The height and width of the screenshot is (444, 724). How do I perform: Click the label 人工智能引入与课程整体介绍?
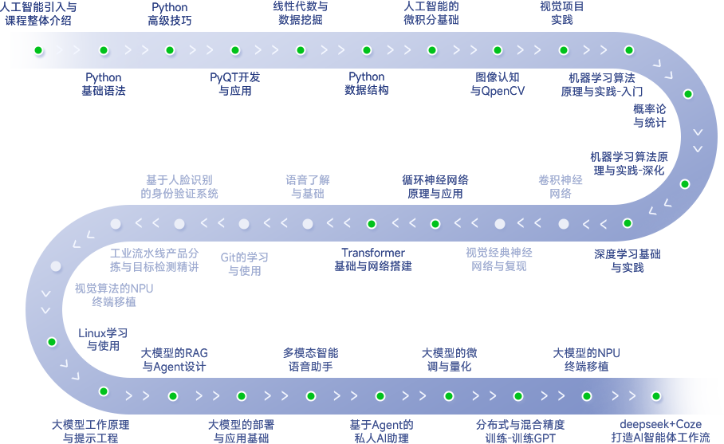pos(38,14)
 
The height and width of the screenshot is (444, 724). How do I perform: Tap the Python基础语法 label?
pos(104,84)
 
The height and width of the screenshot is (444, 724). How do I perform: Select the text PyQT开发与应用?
pos(235,84)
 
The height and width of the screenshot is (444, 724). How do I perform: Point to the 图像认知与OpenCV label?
pos(498,84)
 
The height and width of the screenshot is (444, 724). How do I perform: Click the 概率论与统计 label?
pos(650,116)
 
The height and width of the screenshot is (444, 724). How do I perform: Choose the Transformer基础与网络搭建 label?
pos(373,260)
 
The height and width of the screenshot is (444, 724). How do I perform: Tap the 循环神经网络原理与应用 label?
pos(435,187)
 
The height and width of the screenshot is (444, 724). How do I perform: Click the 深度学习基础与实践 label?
pos(628,261)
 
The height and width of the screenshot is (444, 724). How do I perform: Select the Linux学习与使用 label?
pos(103,339)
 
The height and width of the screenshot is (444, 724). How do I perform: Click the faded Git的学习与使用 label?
pos(245,264)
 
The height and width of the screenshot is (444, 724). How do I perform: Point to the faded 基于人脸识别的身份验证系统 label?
pos(179,187)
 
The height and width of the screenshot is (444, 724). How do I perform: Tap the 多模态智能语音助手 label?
pos(311,360)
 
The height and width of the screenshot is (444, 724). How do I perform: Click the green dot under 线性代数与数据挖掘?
pos(301,50)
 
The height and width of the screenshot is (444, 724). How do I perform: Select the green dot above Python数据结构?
pos(367,50)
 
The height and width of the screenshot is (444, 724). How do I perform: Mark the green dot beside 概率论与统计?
pos(688,93)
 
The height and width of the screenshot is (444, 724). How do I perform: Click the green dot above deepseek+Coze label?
pos(656,395)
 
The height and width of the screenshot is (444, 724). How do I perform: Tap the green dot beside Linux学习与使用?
pos(52,342)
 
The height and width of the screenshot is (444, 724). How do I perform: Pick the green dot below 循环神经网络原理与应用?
pos(435,224)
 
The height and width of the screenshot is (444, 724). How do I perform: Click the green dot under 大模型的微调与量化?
pos(449,395)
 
